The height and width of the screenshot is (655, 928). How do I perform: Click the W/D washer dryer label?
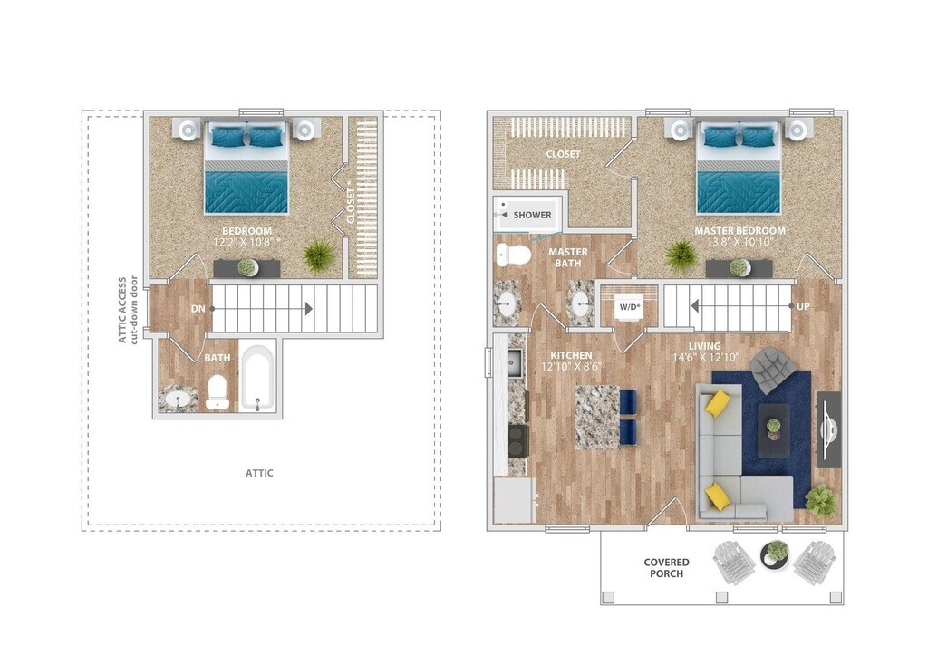coord(629,306)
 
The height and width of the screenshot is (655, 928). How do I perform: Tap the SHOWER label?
coord(532,215)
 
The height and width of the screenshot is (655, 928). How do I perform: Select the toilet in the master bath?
coord(514,255)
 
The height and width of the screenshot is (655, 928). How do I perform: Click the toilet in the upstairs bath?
coord(217,393)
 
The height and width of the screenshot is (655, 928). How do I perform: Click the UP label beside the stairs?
coord(803,307)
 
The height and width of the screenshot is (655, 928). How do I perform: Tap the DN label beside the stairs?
coord(198,309)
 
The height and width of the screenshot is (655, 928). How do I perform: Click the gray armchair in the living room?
coord(773,369)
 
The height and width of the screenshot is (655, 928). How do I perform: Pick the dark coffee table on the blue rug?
coord(773,429)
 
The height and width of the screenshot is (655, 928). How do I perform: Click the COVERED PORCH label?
coord(666,568)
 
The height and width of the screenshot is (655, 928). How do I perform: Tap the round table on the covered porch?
coord(775,552)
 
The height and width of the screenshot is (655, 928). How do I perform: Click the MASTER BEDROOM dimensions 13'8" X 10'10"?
coord(739,243)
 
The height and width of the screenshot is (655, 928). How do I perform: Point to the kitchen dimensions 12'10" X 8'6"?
coord(572,367)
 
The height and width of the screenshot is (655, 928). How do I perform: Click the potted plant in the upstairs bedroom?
coord(319,255)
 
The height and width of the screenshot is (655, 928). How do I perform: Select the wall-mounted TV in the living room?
coord(828,429)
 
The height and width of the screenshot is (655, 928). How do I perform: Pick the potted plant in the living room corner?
coord(821,500)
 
